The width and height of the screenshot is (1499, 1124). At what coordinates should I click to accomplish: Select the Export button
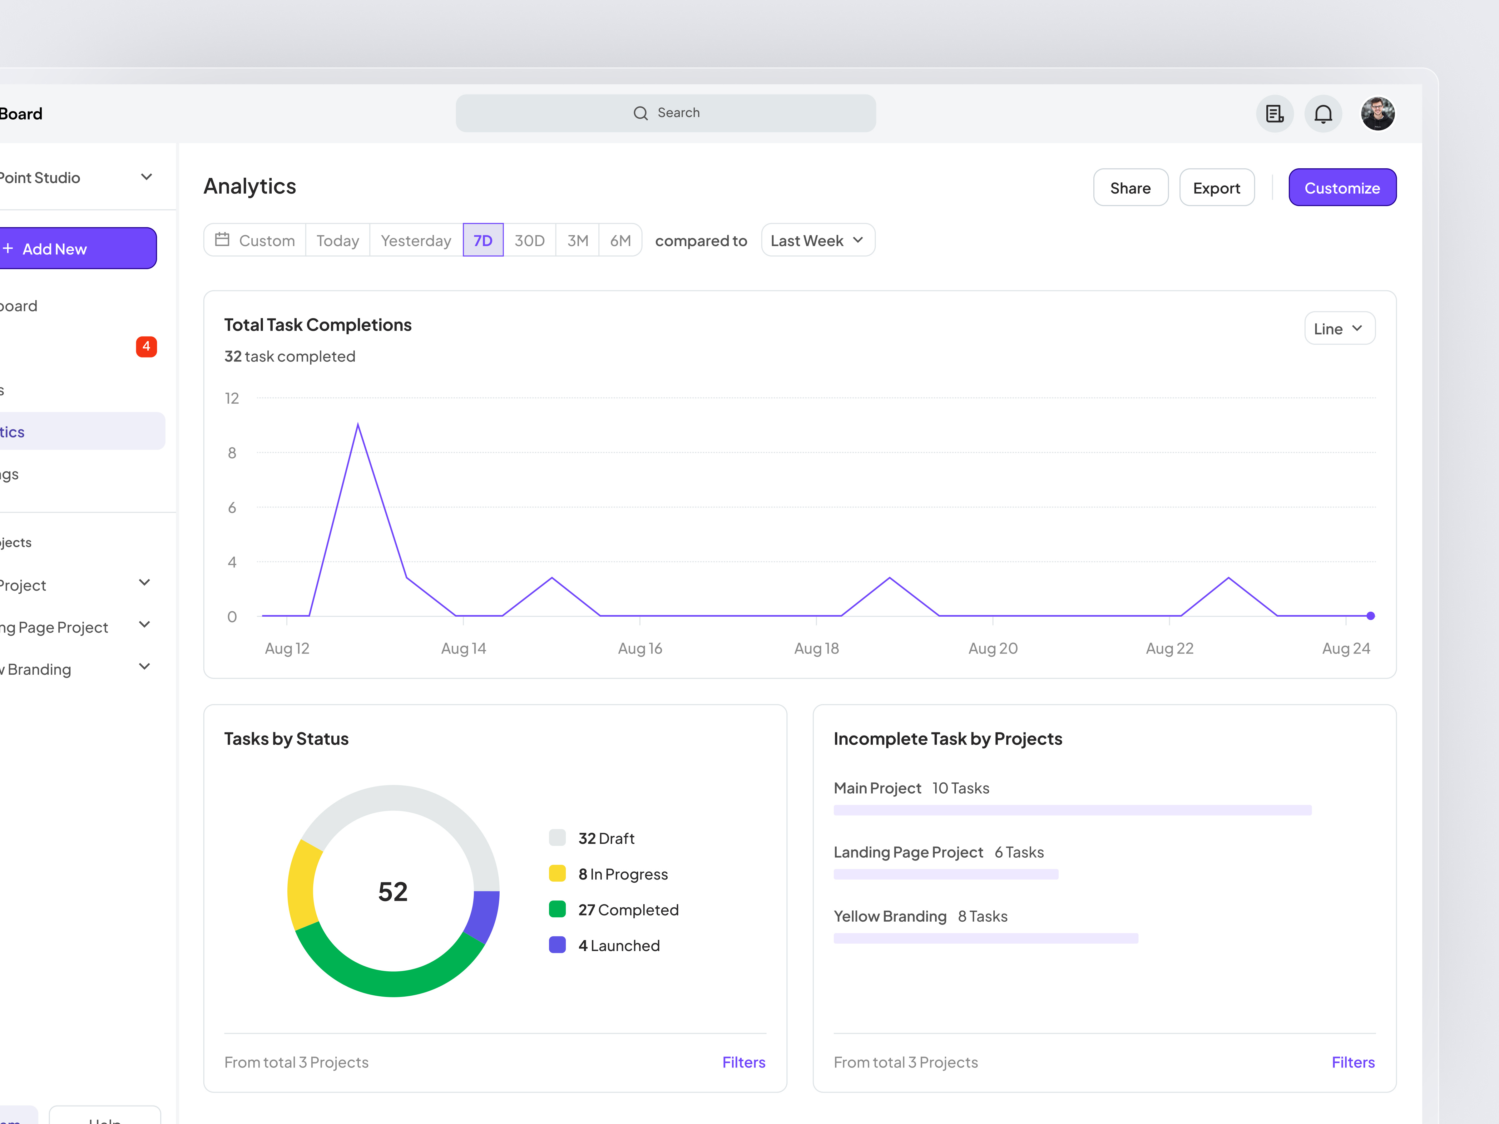tap(1216, 188)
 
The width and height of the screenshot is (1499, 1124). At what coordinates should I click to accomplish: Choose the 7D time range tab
tap(482, 240)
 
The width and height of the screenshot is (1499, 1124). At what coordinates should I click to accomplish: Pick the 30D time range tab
tap(529, 240)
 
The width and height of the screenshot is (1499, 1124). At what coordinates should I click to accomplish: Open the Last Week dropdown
tap(817, 240)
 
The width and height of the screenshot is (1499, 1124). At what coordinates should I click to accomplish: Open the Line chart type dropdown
tap(1338, 328)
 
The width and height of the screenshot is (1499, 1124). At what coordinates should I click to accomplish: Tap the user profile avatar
tap(1377, 114)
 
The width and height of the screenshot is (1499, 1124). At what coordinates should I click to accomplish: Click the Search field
tap(665, 113)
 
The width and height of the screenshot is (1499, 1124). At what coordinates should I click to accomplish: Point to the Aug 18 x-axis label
tap(816, 648)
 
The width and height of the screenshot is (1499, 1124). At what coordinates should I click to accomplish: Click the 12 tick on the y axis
tap(232, 398)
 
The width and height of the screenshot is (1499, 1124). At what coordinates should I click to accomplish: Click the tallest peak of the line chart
tap(358, 425)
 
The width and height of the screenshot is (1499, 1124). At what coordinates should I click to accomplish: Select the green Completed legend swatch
tap(557, 909)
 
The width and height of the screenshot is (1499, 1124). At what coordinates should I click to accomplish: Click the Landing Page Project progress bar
tap(945, 874)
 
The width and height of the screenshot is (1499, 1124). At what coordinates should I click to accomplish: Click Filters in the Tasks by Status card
tap(743, 1062)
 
